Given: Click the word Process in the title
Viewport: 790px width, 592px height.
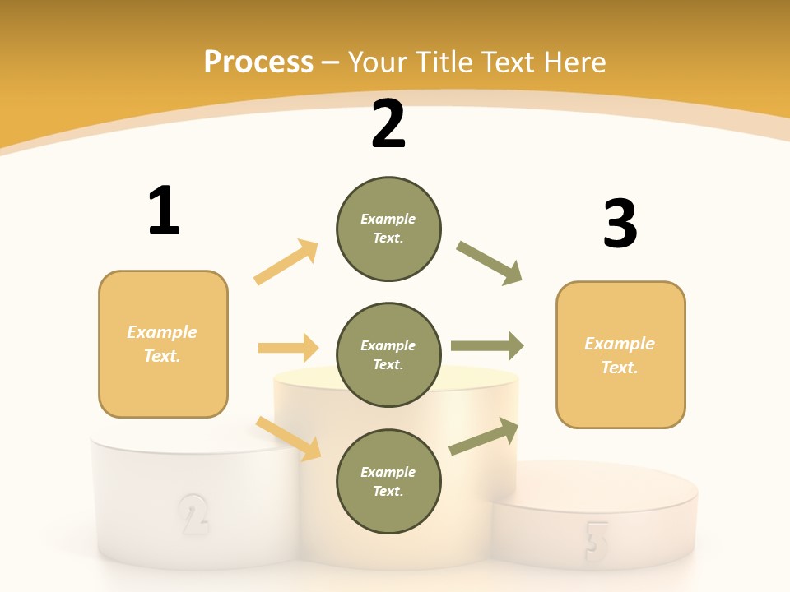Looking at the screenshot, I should click(x=258, y=62).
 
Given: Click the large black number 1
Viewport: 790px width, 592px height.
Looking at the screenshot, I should click(x=164, y=210).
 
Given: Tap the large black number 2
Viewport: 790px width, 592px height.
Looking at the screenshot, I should click(x=388, y=124).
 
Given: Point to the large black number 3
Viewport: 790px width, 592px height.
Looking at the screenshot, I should click(x=620, y=224).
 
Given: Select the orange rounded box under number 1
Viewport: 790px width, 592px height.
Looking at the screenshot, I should click(x=163, y=344).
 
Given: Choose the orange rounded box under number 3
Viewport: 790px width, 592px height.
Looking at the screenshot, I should click(x=620, y=354).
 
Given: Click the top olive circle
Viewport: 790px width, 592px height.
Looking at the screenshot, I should click(x=388, y=229).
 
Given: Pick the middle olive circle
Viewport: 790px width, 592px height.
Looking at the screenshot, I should click(x=388, y=354).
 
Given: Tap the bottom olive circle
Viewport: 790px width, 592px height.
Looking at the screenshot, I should click(x=388, y=481).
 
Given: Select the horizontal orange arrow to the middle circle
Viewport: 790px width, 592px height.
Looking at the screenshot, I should click(x=288, y=348).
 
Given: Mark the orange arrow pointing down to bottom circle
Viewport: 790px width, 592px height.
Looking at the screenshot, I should click(x=288, y=437).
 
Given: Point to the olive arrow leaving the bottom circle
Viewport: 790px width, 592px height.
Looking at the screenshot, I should click(x=484, y=437).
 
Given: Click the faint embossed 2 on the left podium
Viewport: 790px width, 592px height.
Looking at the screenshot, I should click(x=193, y=514).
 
